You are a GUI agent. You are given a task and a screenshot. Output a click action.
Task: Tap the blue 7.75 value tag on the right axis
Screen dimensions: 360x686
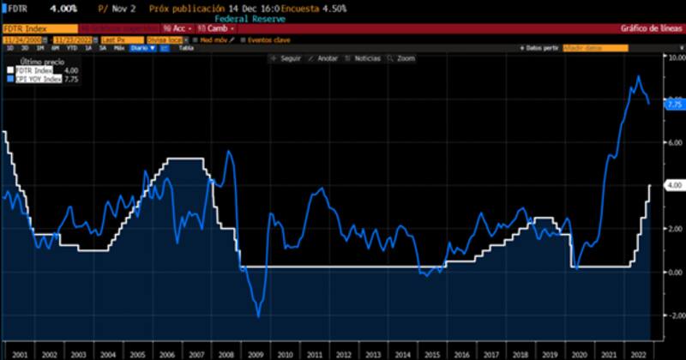674,103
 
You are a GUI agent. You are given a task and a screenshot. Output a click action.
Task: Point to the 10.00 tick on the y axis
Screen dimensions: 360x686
675,57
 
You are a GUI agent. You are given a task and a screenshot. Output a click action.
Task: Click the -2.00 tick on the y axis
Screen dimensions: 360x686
675,315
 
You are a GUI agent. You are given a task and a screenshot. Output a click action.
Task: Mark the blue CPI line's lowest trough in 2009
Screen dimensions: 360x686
258,316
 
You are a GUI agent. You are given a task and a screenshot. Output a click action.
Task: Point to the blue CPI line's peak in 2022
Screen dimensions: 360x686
638,77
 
